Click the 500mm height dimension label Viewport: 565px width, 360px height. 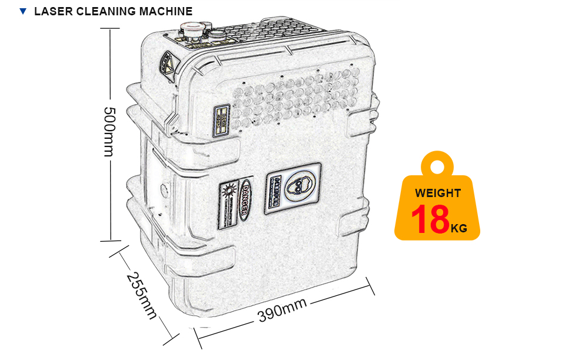click(108, 132)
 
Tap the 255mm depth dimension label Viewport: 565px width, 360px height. click(141, 296)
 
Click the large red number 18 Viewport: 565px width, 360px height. click(430, 219)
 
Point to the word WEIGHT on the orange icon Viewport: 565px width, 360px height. click(438, 193)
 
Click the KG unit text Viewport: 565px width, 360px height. click(459, 228)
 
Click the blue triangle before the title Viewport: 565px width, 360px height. click(23, 11)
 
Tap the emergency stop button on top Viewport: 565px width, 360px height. click(192, 29)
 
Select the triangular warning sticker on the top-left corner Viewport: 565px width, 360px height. click(167, 63)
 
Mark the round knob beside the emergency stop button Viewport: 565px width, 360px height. click(218, 32)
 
